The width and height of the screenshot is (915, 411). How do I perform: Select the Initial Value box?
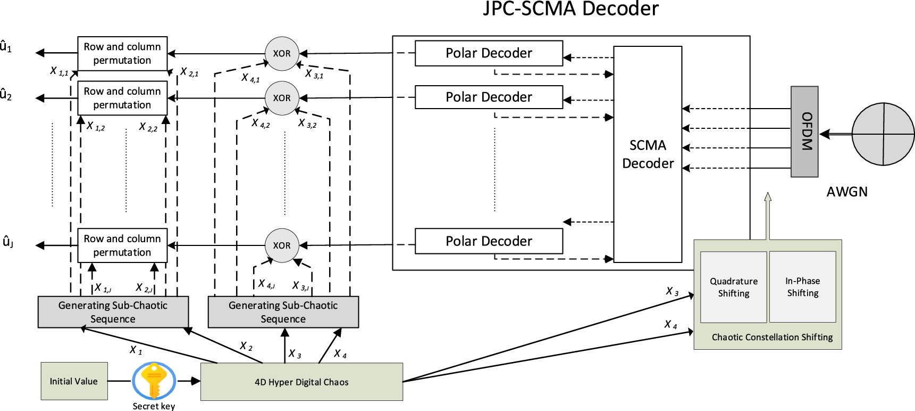tap(74, 381)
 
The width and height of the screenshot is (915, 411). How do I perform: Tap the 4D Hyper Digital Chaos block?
tap(301, 382)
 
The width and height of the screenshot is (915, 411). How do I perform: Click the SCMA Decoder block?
tap(648, 154)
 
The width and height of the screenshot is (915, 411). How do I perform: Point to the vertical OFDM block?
tap(804, 131)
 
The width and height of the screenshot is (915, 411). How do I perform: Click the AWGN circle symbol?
tap(883, 134)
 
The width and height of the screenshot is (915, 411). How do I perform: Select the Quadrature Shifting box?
tap(733, 287)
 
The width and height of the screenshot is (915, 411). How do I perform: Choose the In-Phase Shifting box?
tap(802, 287)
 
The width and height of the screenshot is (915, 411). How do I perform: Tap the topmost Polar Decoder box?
tap(489, 53)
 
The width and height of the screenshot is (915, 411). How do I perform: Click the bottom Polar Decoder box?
tap(489, 241)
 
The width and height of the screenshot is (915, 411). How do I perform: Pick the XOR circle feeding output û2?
tap(282, 98)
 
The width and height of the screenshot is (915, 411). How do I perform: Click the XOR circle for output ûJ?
tap(282, 245)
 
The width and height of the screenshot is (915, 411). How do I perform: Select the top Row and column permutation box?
tap(122, 53)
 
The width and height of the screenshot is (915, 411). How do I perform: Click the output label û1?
tap(6, 47)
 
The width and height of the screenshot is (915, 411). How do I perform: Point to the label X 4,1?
tap(250, 78)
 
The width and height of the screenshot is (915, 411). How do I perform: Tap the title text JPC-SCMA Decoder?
tap(570, 9)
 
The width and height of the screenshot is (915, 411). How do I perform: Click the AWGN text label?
tap(846, 192)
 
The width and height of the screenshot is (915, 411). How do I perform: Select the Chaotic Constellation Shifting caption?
tap(772, 337)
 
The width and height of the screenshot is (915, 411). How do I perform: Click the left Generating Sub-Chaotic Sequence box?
tap(113, 312)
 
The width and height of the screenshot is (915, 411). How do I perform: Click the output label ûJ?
tap(7, 242)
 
